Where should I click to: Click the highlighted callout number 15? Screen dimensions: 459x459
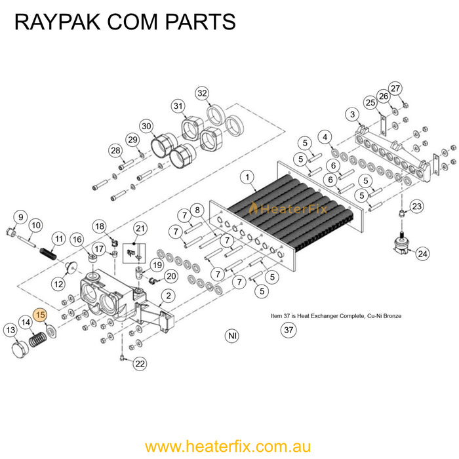point(41,315)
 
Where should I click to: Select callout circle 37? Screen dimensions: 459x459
point(288,331)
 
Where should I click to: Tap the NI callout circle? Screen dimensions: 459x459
point(231,336)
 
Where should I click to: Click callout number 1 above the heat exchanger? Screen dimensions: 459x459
point(247,176)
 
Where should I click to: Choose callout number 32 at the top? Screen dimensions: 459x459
point(203,92)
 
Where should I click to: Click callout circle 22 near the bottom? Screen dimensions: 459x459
point(140,363)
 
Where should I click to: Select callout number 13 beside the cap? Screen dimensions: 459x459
point(10,330)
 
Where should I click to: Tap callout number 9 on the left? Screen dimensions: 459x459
point(20,217)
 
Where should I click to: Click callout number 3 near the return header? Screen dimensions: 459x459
point(353,115)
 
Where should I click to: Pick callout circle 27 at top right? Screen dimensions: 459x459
point(395,88)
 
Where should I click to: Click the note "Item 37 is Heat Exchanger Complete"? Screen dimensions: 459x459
point(336,316)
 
